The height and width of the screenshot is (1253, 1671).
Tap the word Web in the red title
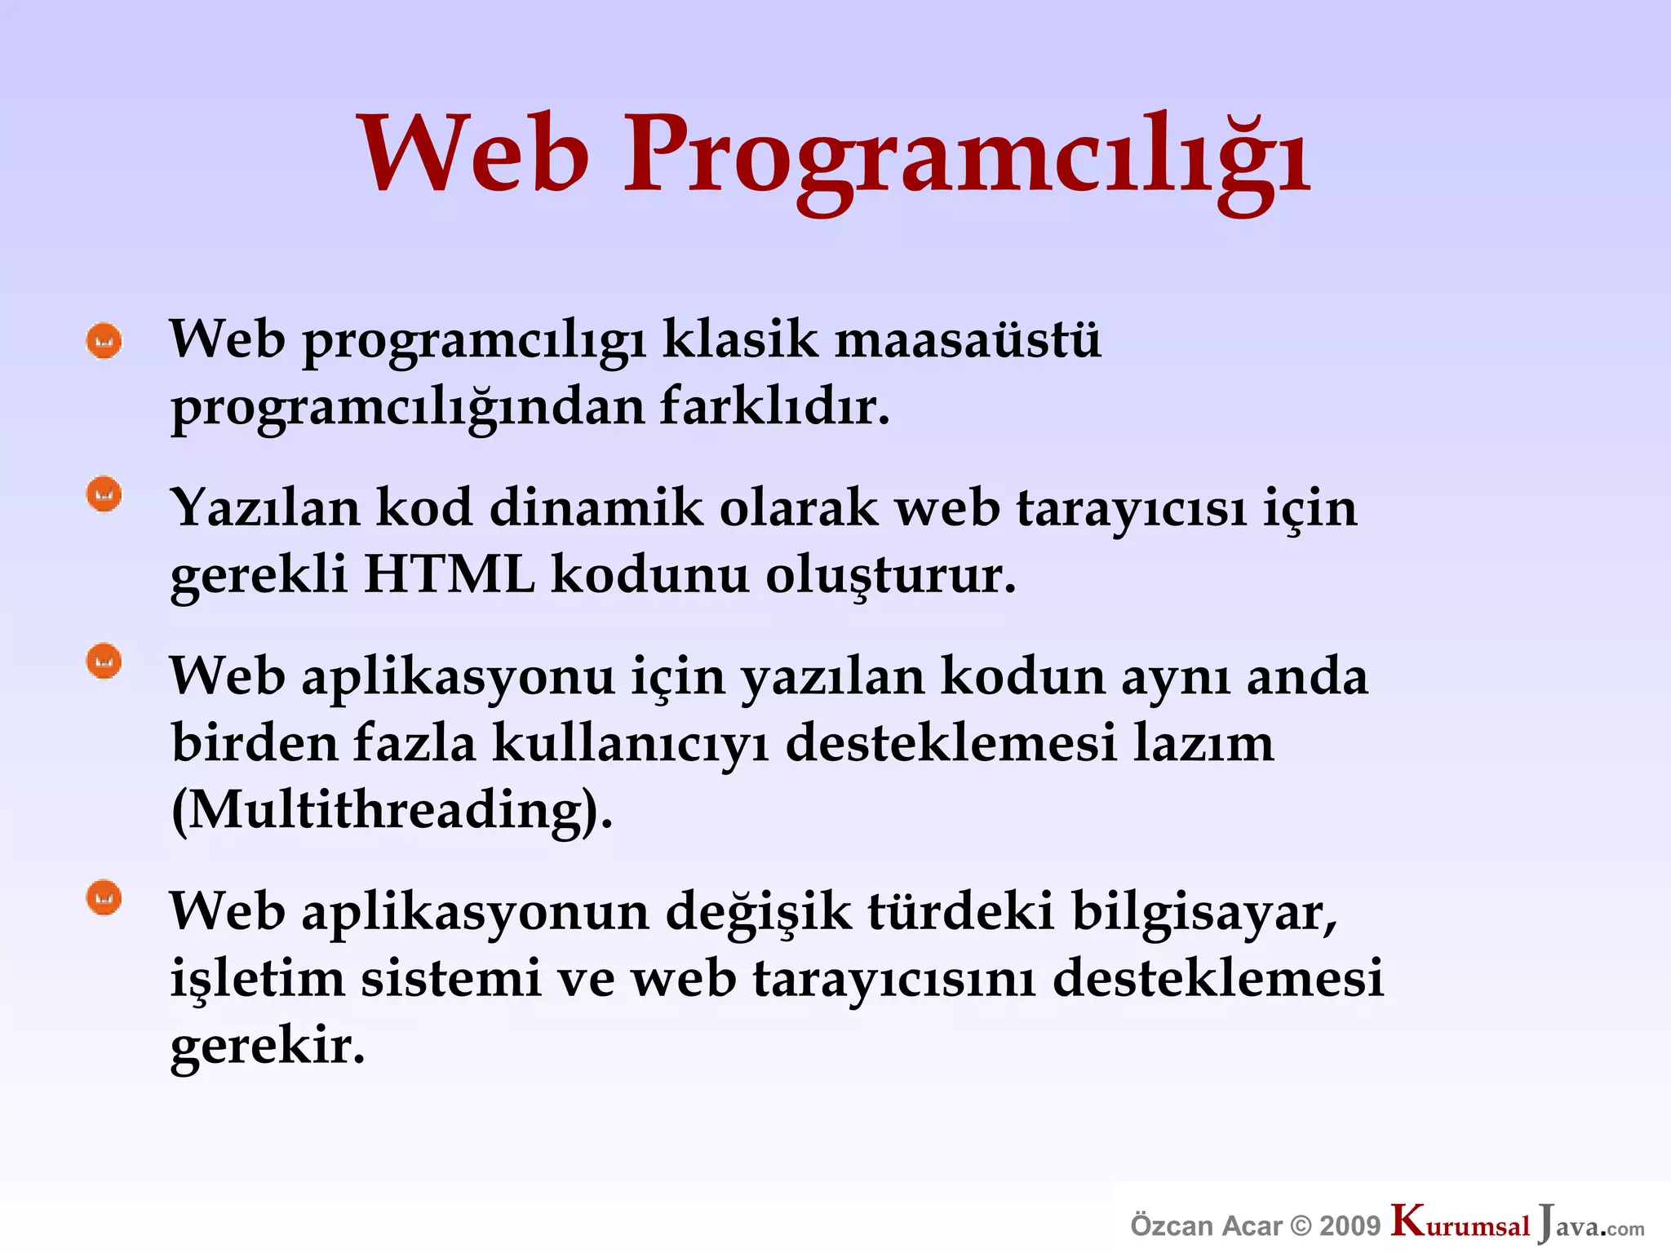[x=473, y=155]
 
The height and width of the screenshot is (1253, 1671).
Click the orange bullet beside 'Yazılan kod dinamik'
[x=104, y=494]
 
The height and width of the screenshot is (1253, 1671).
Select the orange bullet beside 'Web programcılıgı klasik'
[x=104, y=341]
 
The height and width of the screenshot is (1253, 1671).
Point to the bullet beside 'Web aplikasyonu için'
[x=104, y=662]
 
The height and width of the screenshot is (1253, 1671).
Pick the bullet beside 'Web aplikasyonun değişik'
[x=104, y=898]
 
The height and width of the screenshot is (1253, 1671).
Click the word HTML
[x=450, y=574]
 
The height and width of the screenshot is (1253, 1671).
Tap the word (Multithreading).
[x=392, y=811]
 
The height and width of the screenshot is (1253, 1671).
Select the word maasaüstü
[x=968, y=339]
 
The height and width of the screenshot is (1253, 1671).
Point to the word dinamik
[x=596, y=507]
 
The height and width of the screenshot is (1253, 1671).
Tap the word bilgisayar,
[x=1204, y=912]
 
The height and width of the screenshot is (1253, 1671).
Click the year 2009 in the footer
[x=1350, y=1225]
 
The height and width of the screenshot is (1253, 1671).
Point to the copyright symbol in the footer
[x=1302, y=1225]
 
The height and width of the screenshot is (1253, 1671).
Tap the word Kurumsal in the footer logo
[x=1460, y=1223]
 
